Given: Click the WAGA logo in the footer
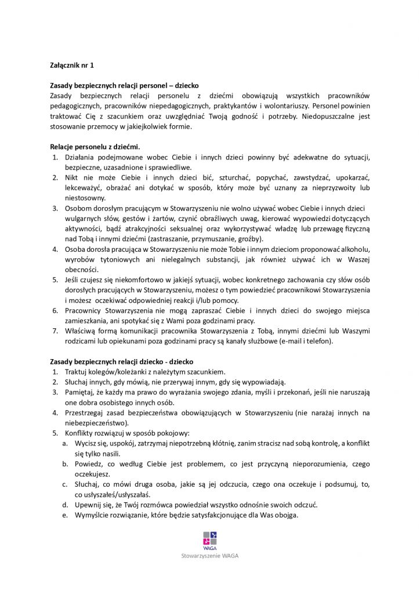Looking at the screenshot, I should [x=210, y=539].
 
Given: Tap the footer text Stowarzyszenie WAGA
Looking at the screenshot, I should [x=210, y=555].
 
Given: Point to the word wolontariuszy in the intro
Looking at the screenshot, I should [x=285, y=106].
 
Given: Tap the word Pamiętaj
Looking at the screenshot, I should [x=82, y=392].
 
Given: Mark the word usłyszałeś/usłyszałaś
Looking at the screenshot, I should [x=113, y=495].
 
